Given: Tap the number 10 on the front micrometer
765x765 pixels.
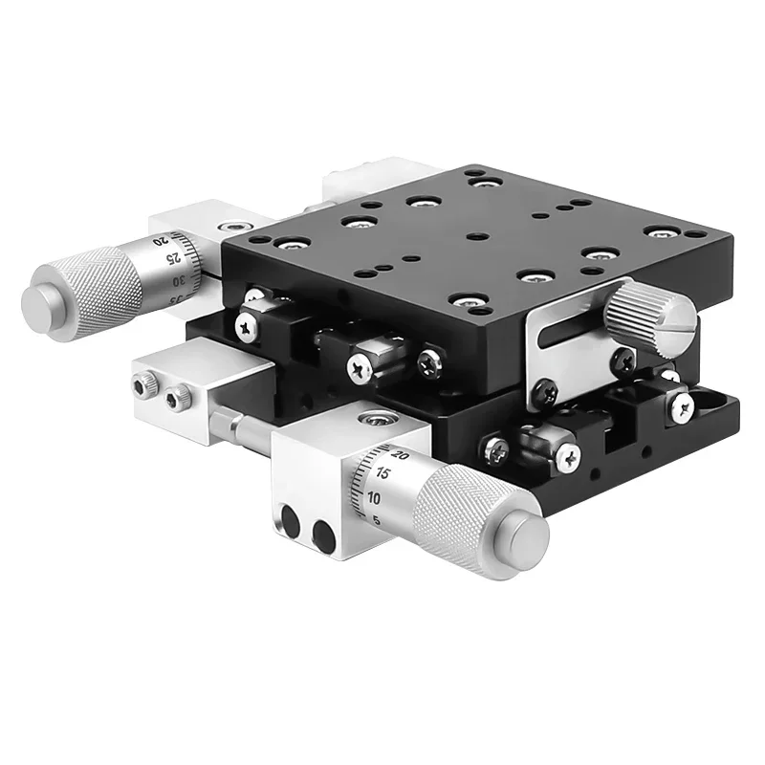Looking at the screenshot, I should [375, 498].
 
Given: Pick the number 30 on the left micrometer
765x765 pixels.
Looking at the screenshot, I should [178, 281].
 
